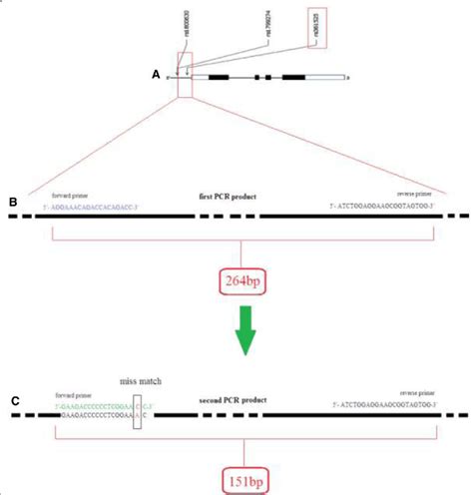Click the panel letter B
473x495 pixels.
(13, 204)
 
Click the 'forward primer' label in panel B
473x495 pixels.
(70, 196)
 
